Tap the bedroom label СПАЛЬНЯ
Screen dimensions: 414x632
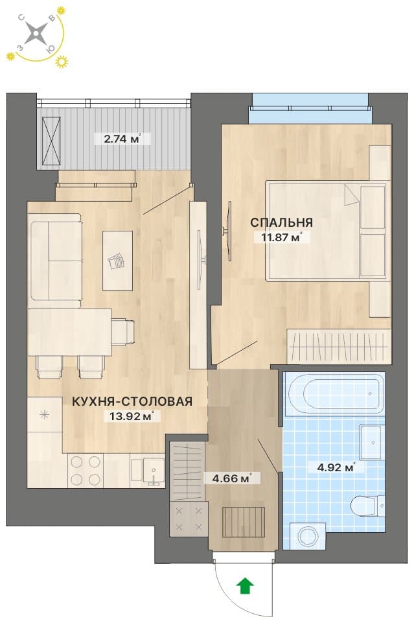pos(281,222)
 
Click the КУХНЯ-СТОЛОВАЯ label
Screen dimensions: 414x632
pos(132,401)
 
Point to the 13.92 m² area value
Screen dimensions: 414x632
pos(132,416)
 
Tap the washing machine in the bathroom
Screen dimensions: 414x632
pos(307,536)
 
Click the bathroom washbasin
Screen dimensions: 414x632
pos(371,442)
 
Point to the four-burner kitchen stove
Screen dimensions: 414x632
pos(86,471)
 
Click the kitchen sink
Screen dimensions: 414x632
pos(148,470)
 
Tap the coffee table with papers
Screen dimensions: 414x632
pos(118,261)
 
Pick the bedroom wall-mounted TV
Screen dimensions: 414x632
pos(228,231)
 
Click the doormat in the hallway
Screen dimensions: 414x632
pos(244,522)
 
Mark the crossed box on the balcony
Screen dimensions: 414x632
pos(51,141)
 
